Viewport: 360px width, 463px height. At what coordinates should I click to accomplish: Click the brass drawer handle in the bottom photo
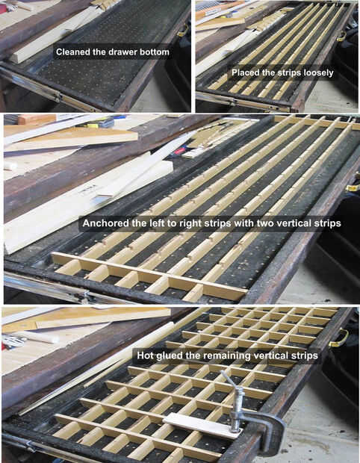click(x=339, y=338)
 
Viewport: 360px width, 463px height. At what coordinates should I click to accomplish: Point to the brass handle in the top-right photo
click(x=341, y=36)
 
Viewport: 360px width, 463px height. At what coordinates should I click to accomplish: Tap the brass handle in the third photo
click(x=353, y=187)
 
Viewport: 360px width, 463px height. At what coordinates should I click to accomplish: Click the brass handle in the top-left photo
click(x=183, y=30)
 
